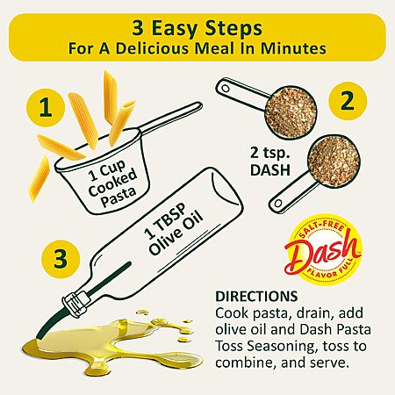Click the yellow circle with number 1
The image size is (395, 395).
pyautogui.click(x=46, y=107)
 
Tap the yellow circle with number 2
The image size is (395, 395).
pyautogui.click(x=348, y=101)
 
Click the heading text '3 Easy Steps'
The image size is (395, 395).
pyautogui.click(x=197, y=28)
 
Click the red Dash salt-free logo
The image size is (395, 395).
pyautogui.click(x=323, y=250)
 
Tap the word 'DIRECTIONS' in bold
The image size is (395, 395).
pyautogui.click(x=256, y=297)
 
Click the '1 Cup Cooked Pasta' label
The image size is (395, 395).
pyautogui.click(x=112, y=183)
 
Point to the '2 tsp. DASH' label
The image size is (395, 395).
pyautogui.click(x=270, y=162)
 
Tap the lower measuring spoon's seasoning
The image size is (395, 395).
pyautogui.click(x=334, y=161)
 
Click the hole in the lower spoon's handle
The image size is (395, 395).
pyautogui.click(x=278, y=203)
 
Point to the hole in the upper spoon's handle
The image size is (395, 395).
pyautogui.click(x=226, y=88)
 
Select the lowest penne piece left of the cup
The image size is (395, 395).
pyautogui.click(x=39, y=179)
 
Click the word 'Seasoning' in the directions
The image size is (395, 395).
pyautogui.click(x=282, y=347)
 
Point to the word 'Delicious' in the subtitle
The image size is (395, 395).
pyautogui.click(x=152, y=49)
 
